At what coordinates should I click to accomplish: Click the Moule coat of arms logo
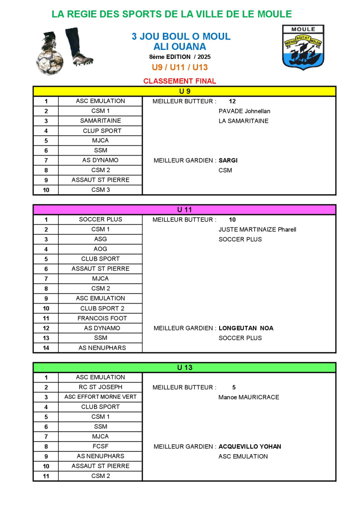303,47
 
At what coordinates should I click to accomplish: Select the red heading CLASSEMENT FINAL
180,81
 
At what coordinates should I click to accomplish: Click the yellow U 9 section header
184,91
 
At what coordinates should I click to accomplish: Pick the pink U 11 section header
184,210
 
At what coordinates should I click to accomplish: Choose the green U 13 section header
184,367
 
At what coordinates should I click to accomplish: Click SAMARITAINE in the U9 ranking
100,121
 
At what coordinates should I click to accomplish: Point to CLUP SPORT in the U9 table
102,131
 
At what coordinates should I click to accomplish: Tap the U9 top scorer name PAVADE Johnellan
244,111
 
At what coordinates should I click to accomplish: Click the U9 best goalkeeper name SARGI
228,161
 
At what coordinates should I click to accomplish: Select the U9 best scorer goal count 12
232,101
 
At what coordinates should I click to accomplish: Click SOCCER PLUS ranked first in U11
100,219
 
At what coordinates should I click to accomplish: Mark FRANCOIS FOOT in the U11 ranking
102,318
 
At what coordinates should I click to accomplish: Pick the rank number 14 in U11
46,348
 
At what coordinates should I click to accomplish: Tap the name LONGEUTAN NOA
246,328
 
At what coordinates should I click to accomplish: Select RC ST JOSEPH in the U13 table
100,387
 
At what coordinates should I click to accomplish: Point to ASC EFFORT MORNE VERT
100,397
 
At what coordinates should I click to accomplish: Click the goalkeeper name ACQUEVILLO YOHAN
250,446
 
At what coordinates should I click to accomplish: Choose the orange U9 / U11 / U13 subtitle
180,67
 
